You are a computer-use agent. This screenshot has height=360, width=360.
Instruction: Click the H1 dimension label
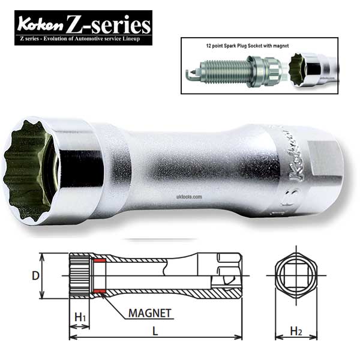point(79,316)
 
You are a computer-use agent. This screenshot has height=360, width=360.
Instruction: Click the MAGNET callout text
point(149,313)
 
